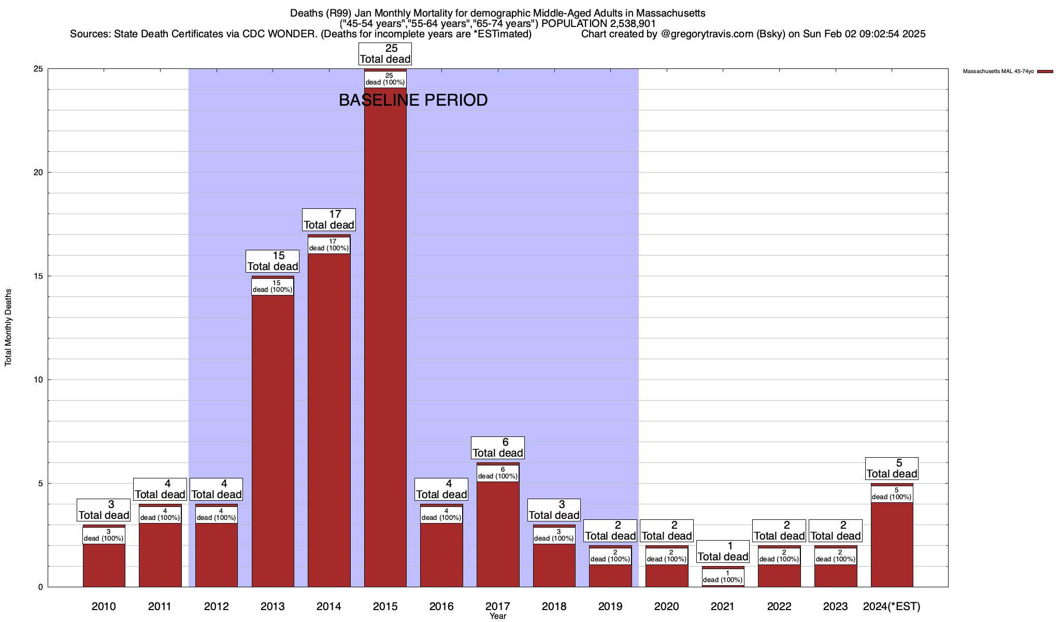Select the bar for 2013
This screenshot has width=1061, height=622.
click(x=273, y=441)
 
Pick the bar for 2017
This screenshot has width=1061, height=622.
click(x=498, y=534)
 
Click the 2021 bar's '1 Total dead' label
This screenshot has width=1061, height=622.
click(x=723, y=552)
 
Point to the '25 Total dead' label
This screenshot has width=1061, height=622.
click(x=385, y=54)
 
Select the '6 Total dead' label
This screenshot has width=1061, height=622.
click(x=498, y=448)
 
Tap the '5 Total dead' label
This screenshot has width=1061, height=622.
click(x=892, y=469)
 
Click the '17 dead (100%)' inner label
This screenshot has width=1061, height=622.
click(x=329, y=245)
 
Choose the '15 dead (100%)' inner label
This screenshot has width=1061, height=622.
click(x=273, y=286)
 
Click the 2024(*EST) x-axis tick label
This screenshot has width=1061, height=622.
click(x=892, y=606)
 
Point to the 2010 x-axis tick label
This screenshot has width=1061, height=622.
click(x=104, y=606)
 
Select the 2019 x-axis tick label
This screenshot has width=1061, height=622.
click(x=610, y=606)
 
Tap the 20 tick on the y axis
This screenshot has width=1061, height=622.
click(x=38, y=173)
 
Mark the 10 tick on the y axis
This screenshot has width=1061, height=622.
click(x=38, y=380)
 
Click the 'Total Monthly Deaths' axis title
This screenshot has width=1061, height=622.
click(x=8, y=328)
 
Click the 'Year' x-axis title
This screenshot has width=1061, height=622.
click(x=498, y=616)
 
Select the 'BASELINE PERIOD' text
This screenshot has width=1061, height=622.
click(x=413, y=100)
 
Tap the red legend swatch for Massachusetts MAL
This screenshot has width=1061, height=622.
click(x=1045, y=72)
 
